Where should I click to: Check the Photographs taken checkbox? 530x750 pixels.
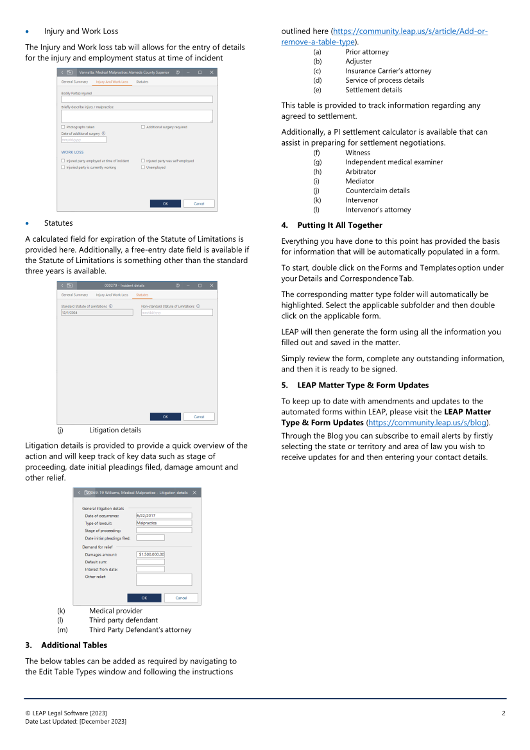click(63, 127)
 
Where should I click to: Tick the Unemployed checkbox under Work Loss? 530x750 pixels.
click(143, 167)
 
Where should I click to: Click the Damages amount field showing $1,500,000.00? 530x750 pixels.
click(151, 554)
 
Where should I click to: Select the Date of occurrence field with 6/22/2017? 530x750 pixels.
click(164, 515)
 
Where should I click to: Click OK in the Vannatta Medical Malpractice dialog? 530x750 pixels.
click(165, 203)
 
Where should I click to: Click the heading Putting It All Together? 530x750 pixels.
click(339, 225)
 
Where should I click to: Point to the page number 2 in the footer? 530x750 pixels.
click(504, 713)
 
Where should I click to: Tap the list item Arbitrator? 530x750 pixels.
click(361, 172)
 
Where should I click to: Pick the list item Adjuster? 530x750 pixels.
click(358, 62)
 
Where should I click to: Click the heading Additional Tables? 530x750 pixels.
click(74, 645)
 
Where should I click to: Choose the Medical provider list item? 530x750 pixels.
click(115, 611)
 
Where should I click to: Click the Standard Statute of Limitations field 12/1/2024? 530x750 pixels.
click(97, 312)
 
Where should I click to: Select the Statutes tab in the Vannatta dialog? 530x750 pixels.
click(142, 82)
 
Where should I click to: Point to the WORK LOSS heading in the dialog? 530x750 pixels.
click(73, 153)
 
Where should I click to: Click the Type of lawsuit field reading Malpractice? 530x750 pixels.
click(164, 523)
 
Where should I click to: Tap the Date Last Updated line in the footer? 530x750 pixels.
click(76, 722)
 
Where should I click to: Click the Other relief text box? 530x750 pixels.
click(164, 579)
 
